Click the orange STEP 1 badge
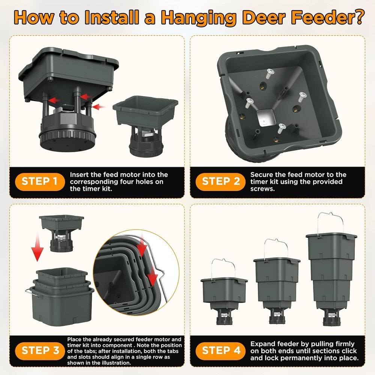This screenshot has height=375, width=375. pyautogui.click(x=39, y=181)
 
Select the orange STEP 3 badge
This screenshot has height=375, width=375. pyautogui.click(x=39, y=351)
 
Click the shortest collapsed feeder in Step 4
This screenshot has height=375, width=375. pyautogui.click(x=224, y=296)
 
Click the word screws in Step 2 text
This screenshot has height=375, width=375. pyautogui.click(x=262, y=189)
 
